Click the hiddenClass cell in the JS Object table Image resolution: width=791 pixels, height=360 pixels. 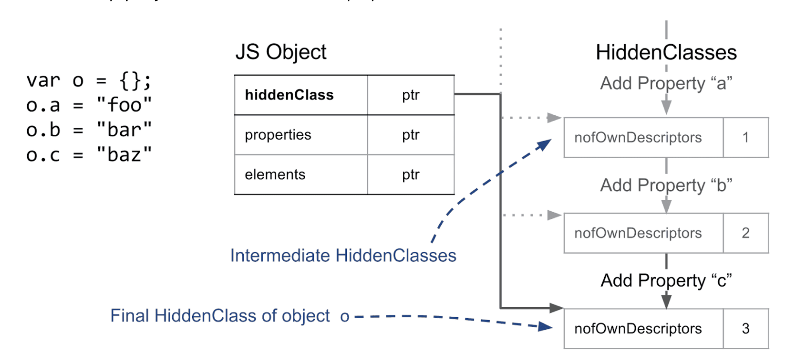coord(289,95)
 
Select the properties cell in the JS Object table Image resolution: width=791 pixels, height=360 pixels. coord(278,135)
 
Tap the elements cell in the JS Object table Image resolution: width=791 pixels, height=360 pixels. coord(275,175)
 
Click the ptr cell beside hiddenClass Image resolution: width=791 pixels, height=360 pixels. coord(411,95)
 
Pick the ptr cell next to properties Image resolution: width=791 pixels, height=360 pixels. coord(411,135)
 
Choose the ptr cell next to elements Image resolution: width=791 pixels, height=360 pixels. coord(411,175)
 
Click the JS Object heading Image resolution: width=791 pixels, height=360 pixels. coord(281,52)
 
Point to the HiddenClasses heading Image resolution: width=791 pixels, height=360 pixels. coord(666,53)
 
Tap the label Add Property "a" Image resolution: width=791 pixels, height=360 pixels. coord(666,83)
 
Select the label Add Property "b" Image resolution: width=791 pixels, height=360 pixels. coord(666,185)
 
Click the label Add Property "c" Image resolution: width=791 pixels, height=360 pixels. coord(666,280)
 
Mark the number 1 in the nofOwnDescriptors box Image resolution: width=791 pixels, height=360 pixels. coord(745,138)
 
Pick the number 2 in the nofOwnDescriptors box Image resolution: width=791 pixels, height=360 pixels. coord(745,233)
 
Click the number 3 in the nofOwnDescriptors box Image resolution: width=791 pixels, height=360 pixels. coord(745,329)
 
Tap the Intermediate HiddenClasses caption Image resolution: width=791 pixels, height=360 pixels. coord(343,255)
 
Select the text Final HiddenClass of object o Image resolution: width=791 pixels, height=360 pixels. coord(230,316)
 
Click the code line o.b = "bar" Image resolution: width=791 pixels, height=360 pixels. coord(89,130)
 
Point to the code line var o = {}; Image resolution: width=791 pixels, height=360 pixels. coord(89,80)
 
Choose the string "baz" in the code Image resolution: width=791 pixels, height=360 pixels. coord(124,155)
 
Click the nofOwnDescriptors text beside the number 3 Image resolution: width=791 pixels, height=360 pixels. coord(638,329)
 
